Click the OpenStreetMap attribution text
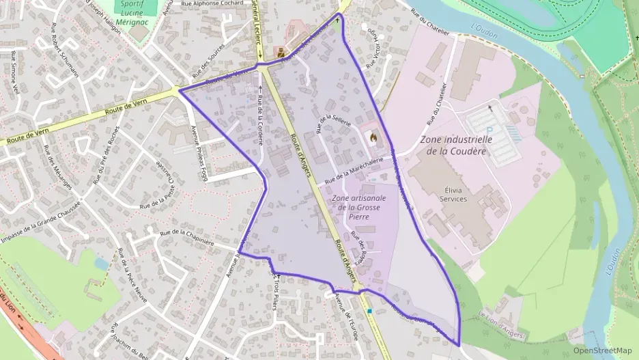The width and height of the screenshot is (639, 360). pyautogui.click(x=602, y=350)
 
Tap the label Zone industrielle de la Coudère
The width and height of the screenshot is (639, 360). pyautogui.click(x=456, y=146)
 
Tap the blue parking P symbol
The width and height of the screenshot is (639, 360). pyautogui.click(x=489, y=127)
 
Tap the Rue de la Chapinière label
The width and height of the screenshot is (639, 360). pyautogui.click(x=187, y=238)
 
